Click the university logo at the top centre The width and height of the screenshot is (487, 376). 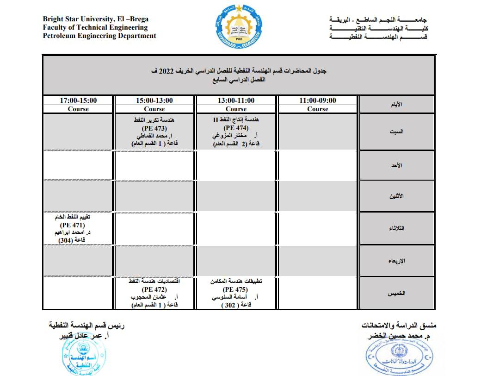tap(239, 25)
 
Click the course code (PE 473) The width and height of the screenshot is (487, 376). tap(155, 128)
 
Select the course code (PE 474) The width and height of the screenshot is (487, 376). tap(236, 128)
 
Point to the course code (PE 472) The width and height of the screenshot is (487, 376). tap(155, 289)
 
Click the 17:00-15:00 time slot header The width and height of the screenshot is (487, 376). tap(78, 100)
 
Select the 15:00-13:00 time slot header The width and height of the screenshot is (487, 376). tap(154, 100)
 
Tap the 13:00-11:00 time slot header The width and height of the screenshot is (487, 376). tap(236, 100)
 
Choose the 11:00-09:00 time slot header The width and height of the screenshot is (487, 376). tap(317, 100)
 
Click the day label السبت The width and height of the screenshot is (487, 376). tap(396, 132)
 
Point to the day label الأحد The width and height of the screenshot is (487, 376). tap(396, 165)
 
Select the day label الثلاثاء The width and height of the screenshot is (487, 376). tap(396, 228)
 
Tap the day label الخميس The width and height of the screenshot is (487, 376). tap(396, 293)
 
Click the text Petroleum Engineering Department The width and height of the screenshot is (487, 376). tap(99, 36)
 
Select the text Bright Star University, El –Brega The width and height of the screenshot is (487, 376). tap(96, 19)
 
